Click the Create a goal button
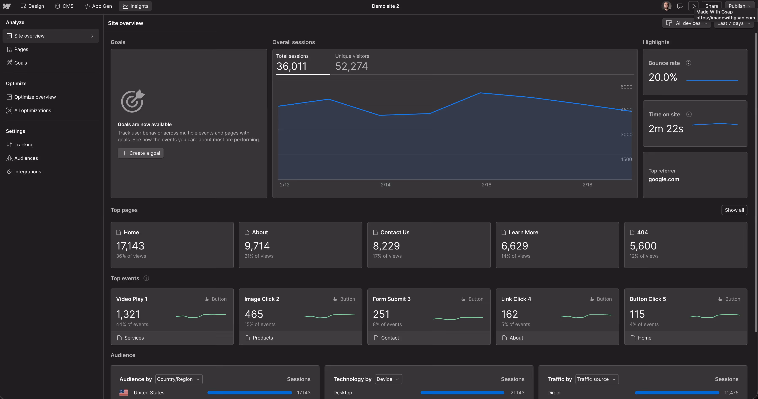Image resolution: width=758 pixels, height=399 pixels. coord(141,153)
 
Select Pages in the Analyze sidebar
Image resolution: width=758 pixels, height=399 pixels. coord(21,49)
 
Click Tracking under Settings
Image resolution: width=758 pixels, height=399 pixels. coord(24,145)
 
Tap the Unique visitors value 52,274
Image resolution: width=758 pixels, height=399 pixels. coord(351,66)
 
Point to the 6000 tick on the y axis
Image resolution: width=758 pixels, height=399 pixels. coord(626,87)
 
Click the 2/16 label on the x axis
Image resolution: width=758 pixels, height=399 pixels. coord(486,185)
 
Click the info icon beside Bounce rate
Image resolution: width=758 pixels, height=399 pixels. coord(688,63)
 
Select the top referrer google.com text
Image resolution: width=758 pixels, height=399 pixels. coord(663,179)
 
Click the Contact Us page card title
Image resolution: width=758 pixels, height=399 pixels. coord(395,232)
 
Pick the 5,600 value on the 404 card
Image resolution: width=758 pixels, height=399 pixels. coord(643,246)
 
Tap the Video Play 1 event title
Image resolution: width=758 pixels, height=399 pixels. coord(131,299)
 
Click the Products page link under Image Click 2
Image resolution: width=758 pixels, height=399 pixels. coord(263,338)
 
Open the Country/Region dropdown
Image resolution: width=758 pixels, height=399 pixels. coord(179,379)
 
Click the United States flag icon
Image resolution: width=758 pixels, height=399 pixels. coord(124,392)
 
